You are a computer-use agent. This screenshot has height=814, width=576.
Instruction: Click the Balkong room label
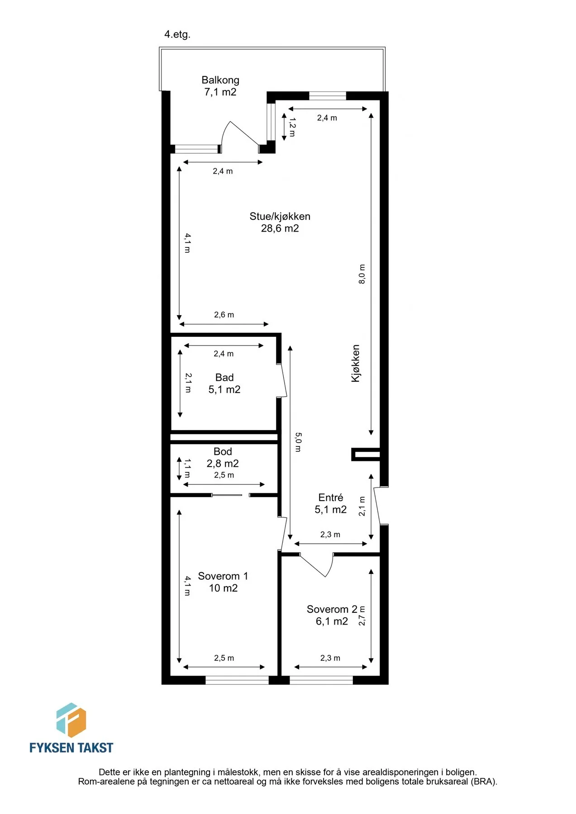(220, 86)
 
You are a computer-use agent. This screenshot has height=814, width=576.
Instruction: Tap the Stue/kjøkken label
(280, 222)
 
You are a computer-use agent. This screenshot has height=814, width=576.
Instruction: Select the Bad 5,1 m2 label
(224, 383)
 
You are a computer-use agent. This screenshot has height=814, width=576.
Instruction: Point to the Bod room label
(223, 457)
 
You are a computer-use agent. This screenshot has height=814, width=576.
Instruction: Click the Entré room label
(331, 503)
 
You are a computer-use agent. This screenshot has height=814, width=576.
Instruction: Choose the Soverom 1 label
(223, 582)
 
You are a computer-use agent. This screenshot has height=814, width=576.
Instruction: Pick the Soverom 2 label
(332, 615)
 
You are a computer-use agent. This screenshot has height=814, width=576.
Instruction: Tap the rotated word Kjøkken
(356, 363)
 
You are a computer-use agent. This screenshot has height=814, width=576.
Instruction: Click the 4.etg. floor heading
(177, 34)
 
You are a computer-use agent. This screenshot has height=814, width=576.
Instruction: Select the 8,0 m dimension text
(362, 274)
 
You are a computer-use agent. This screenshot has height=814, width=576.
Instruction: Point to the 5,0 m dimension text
(298, 442)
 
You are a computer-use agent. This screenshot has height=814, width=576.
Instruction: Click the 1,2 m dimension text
(292, 127)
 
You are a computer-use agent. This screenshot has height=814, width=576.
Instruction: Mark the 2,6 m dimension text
(224, 315)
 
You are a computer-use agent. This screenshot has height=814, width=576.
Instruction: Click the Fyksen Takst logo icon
(71, 719)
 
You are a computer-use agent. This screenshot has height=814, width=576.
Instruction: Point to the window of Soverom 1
(237, 680)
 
